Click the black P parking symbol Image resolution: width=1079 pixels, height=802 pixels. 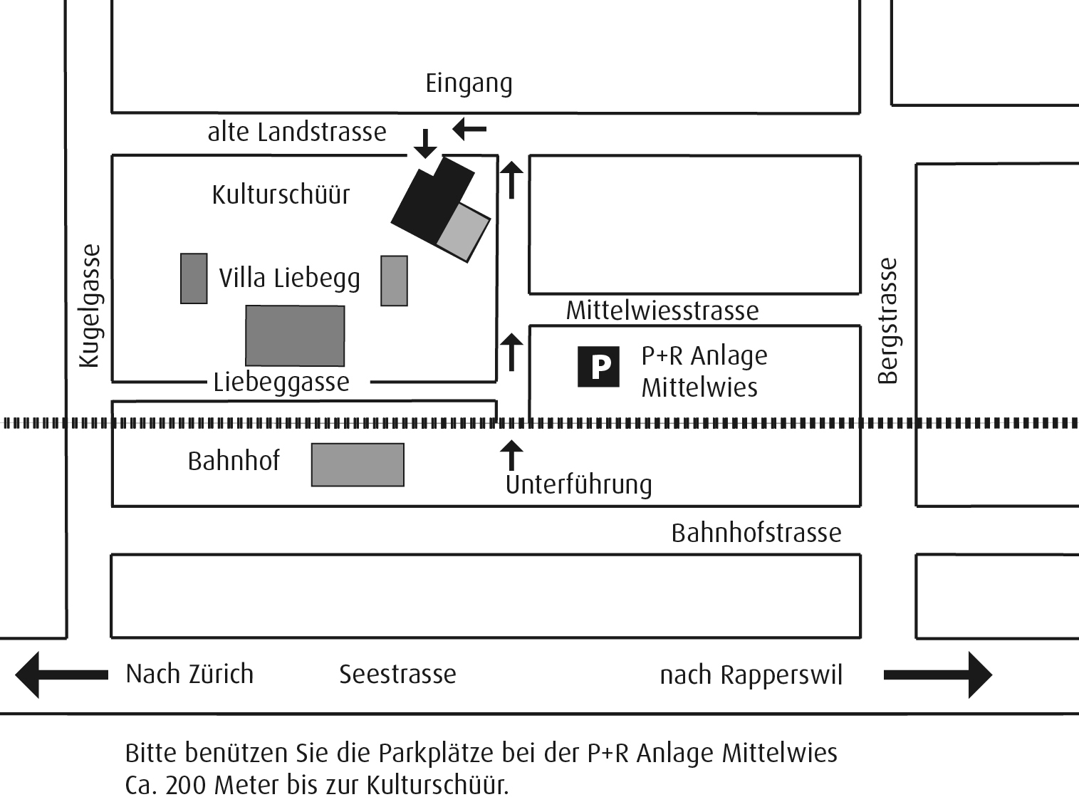[x=598, y=366]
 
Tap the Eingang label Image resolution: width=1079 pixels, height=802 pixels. [x=469, y=83]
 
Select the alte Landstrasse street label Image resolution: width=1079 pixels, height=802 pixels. [x=296, y=132]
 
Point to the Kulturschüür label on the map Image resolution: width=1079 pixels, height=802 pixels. [x=281, y=194]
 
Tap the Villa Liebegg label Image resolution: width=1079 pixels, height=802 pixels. [x=289, y=278]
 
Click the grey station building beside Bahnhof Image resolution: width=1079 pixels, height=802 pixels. [x=358, y=465]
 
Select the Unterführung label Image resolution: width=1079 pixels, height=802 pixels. [x=578, y=484]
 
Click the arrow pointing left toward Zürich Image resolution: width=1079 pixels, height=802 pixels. [x=61, y=674]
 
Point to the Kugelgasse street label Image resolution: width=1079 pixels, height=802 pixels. [x=90, y=306]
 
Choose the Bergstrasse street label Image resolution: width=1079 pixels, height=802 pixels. [x=887, y=321]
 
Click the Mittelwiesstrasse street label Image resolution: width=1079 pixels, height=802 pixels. [x=662, y=311]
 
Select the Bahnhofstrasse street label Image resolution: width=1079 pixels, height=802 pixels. [x=756, y=533]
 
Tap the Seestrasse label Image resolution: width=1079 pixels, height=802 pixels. [x=397, y=674]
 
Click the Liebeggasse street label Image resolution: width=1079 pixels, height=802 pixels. [x=281, y=382]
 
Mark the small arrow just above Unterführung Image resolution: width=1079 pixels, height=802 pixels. [x=511, y=454]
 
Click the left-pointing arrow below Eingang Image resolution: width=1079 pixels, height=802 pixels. [x=469, y=129]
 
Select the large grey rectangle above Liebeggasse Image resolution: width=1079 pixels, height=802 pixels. [x=295, y=335]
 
